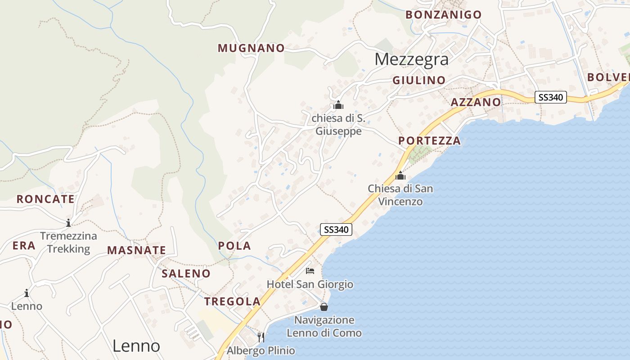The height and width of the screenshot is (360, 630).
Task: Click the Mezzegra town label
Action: coord(411,59)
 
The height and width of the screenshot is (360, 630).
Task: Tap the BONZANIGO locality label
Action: coord(443,15)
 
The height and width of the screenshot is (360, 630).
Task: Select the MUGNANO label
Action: coord(251,48)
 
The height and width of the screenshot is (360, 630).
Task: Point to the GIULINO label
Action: coord(419,81)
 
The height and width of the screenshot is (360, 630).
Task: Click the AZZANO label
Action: coord(476,102)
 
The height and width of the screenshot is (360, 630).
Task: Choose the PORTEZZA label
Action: coord(429,141)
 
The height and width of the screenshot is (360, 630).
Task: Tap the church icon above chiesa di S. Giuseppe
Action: coord(338,106)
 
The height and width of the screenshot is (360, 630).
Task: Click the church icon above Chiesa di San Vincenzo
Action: coord(400,175)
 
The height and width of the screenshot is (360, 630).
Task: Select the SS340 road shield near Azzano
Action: coord(551,97)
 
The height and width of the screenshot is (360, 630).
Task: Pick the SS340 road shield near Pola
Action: coord(336,229)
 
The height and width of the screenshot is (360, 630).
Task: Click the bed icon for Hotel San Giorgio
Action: coord(310,271)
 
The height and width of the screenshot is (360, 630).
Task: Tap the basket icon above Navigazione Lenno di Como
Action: coord(324,307)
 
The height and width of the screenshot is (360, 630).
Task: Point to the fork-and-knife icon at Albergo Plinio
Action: coord(261,337)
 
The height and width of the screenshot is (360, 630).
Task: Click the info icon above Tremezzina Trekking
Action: coord(68,222)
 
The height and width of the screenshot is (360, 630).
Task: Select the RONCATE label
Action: coord(45,199)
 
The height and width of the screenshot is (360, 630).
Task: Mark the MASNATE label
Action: coord(136,251)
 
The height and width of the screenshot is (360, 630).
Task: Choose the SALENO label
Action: coord(186,274)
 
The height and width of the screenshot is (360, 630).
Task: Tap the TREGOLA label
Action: coord(232,301)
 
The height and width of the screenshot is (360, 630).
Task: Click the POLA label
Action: coord(234,246)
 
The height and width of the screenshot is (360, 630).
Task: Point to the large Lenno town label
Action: coord(136,346)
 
